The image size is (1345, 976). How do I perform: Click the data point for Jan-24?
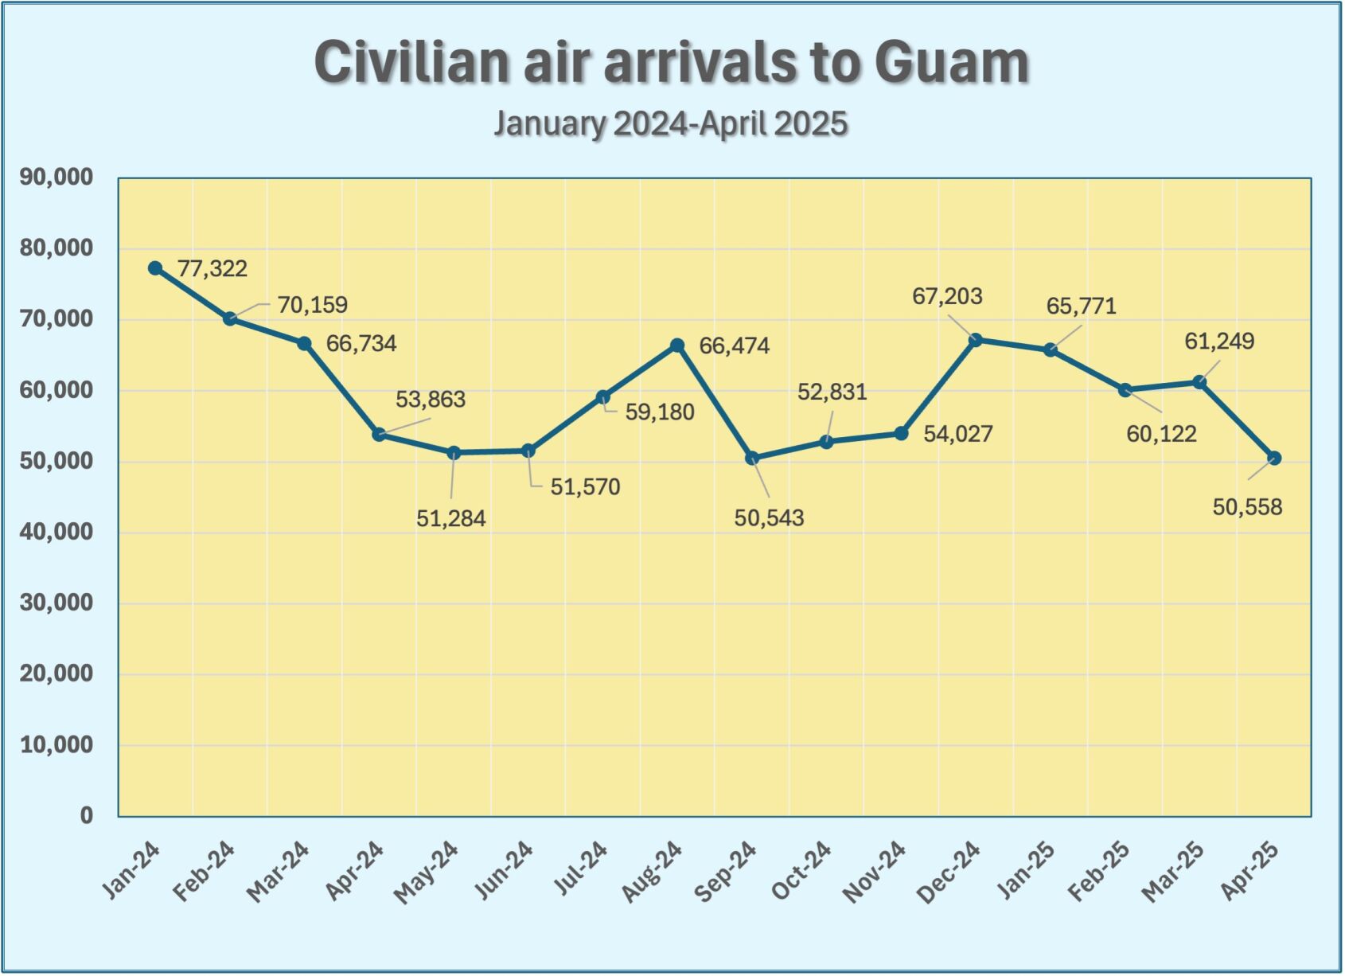[155, 268]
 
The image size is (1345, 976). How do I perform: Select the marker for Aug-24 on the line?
[677, 346]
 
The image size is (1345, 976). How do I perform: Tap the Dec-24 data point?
[976, 340]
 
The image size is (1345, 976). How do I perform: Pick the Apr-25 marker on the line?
[1274, 458]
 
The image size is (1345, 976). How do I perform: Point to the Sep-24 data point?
[752, 459]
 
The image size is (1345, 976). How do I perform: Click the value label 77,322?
[212, 269]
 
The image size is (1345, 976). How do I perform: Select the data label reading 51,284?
[450, 519]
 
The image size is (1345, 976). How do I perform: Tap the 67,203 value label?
[947, 297]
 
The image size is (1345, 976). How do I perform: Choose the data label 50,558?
[1247, 507]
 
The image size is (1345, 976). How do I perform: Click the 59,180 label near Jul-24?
[660, 412]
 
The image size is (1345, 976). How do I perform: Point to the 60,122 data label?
[1161, 434]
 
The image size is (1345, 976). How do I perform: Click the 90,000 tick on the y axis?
[57, 177]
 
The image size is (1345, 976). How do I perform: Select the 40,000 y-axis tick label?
[57, 532]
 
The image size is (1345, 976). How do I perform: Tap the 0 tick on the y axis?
[86, 815]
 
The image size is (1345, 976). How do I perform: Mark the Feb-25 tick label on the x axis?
[1098, 872]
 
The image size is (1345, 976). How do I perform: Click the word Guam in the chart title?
[951, 62]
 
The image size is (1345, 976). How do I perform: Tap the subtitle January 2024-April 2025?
[671, 124]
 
